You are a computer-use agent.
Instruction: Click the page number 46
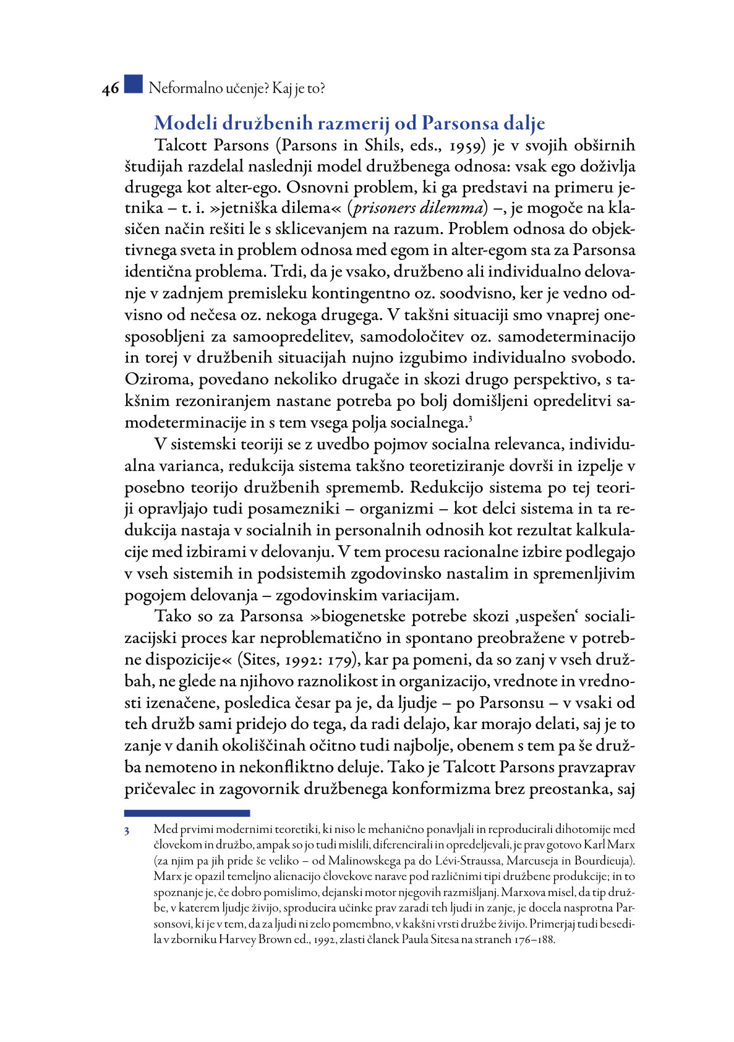point(111,89)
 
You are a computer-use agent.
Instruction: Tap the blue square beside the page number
point(133,84)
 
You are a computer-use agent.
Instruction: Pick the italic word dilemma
point(451,208)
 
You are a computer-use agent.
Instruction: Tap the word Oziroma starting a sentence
point(158,379)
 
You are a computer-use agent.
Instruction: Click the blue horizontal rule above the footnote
point(187,813)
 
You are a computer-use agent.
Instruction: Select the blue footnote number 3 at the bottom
point(127,831)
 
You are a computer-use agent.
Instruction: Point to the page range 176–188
point(532,940)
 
